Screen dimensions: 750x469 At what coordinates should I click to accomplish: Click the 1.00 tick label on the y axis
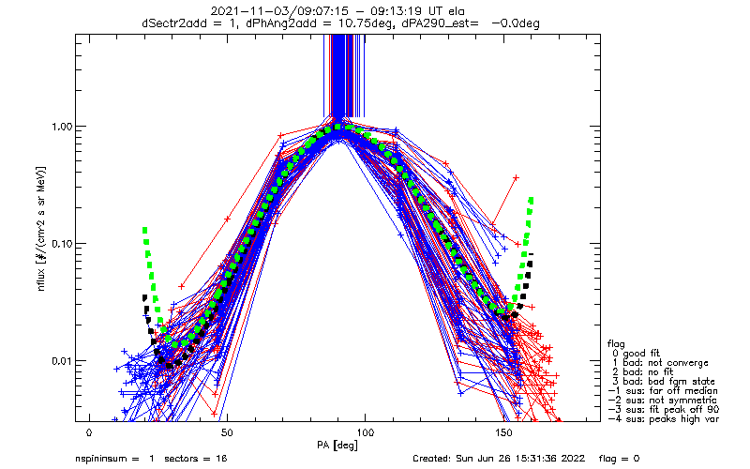pyautogui.click(x=61, y=127)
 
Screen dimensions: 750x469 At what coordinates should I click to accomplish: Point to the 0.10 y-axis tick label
pyautogui.click(x=61, y=244)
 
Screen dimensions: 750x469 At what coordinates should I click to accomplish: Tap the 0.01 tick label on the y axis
pyautogui.click(x=61, y=360)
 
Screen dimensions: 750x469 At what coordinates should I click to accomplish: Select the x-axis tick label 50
pyautogui.click(x=227, y=432)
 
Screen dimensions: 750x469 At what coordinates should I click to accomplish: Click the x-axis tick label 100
pyautogui.click(x=365, y=432)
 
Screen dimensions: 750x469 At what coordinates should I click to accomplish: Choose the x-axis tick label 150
pyautogui.click(x=503, y=432)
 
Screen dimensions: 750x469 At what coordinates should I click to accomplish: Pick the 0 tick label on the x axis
pyautogui.click(x=89, y=432)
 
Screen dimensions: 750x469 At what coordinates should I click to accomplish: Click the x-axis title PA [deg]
pyautogui.click(x=337, y=446)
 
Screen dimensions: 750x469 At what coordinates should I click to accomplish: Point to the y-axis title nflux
pyautogui.click(x=41, y=280)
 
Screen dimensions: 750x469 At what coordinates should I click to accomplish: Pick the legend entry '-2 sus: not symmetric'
pyautogui.click(x=663, y=401)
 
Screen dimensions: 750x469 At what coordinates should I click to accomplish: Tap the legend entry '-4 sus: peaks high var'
pyautogui.click(x=664, y=419)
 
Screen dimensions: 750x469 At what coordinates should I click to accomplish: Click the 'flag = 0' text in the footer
pyautogui.click(x=619, y=459)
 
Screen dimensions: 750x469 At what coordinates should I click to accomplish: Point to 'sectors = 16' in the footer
pyautogui.click(x=196, y=459)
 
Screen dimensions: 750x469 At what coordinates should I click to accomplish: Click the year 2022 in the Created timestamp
pyautogui.click(x=574, y=459)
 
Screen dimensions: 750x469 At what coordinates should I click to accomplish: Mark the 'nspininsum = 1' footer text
pyautogui.click(x=114, y=459)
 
